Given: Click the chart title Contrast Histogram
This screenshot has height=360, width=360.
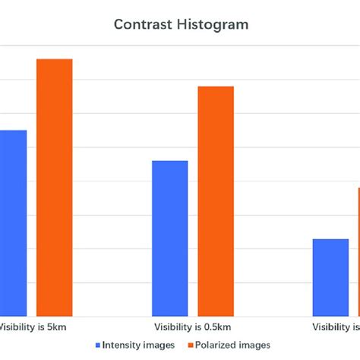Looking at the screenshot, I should click(181, 24).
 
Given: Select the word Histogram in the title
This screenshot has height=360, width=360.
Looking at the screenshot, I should click(215, 24).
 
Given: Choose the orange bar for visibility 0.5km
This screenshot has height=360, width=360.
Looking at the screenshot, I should click(216, 201).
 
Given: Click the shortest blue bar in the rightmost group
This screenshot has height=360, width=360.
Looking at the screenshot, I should click(330, 277).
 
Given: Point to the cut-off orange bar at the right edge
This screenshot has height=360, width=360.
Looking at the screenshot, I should click(358, 251).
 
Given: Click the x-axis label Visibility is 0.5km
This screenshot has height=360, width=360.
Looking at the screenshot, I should click(192, 328).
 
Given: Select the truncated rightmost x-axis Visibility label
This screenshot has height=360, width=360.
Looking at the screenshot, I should click(336, 328).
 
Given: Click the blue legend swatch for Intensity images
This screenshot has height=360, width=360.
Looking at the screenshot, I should click(98, 346).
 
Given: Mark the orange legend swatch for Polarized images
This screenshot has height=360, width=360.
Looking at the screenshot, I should click(189, 346).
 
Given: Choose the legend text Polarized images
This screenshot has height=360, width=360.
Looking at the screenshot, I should click(232, 345).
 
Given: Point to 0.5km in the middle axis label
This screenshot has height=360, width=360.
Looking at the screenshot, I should click(216, 328).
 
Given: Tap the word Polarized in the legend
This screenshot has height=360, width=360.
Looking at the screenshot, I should click(215, 345).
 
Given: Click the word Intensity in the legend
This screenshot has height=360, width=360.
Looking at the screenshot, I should click(122, 345).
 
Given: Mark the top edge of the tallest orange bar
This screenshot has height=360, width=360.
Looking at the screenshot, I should click(55, 59).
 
